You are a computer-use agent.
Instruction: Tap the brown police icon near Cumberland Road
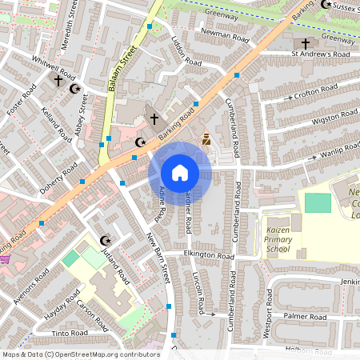pyautogui.click(x=206, y=140)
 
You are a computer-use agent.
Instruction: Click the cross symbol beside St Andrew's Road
pyautogui.click(x=305, y=43)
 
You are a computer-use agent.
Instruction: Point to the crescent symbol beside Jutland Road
pyautogui.click(x=104, y=240)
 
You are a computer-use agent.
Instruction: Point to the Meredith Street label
pyautogui.click(x=67, y=24)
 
